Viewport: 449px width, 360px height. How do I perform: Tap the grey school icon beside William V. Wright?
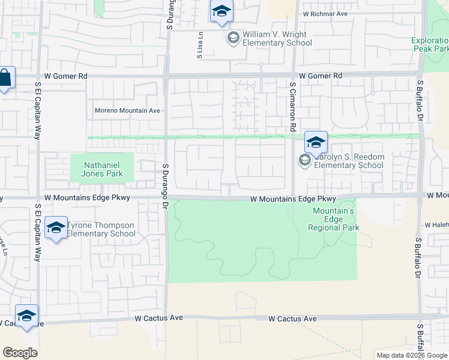click(233, 38)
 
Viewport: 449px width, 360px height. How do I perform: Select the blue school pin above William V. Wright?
click(221, 12)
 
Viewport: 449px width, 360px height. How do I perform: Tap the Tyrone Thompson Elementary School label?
click(101, 230)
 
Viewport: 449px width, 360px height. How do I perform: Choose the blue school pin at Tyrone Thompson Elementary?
click(56, 229)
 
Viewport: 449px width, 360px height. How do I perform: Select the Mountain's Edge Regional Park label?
click(333, 219)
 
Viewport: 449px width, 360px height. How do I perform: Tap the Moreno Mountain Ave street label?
click(127, 110)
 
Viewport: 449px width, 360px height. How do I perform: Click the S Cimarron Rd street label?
click(293, 107)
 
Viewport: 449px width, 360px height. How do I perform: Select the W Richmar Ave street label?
click(325, 13)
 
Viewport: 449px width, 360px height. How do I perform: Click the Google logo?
click(20, 353)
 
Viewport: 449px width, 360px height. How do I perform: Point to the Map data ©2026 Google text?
click(411, 355)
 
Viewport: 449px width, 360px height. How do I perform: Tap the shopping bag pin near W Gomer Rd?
click(5, 79)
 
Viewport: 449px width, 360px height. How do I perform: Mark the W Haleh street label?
click(437, 224)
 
